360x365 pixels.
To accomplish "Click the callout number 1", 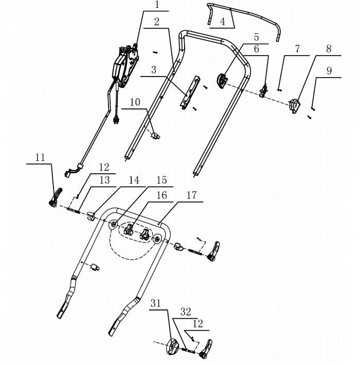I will (x=157, y=6).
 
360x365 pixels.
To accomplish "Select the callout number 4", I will (x=222, y=22).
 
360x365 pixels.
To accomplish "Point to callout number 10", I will (x=134, y=102).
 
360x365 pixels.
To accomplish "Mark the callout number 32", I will (x=186, y=312).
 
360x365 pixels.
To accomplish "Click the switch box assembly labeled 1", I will (x=124, y=64).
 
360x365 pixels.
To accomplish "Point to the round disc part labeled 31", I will (x=172, y=347).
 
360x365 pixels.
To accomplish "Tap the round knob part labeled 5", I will (x=223, y=82).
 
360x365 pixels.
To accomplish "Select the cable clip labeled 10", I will (x=155, y=135).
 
